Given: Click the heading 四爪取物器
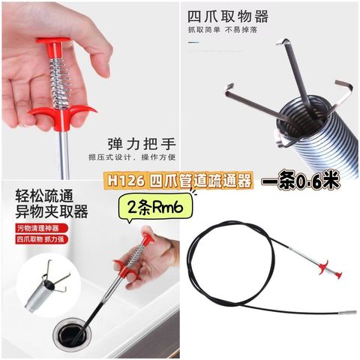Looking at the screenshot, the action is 228,16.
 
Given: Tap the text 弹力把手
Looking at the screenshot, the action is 142,144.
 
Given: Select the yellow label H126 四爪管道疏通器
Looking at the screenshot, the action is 179,181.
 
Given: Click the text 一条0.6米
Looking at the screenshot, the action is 301,180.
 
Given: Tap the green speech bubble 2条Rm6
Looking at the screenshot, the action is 155,207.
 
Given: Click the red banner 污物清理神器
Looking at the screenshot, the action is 38,228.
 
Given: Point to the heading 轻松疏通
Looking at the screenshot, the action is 44,196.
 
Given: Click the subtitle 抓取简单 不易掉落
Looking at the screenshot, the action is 223,30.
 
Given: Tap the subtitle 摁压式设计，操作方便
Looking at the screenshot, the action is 132,157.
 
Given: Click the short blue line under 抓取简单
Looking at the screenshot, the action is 193,42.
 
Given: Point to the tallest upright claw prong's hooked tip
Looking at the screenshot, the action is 282,42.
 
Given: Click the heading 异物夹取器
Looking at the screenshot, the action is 52,211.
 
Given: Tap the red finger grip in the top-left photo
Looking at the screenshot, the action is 62,115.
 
